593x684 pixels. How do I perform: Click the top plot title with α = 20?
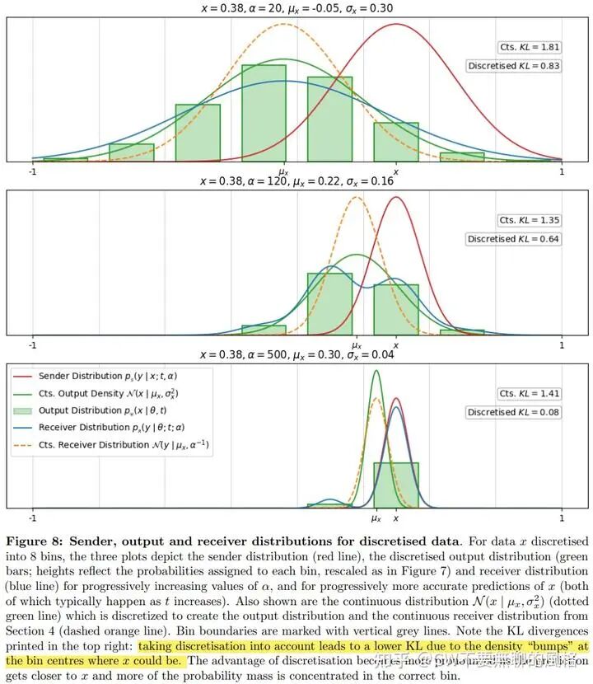pos(296,7)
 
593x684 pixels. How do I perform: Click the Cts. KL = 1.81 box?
pos(530,47)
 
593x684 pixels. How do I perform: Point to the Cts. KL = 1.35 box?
pos(530,221)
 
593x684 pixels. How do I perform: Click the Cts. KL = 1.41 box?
pos(530,394)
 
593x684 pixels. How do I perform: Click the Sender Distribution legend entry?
pos(107,376)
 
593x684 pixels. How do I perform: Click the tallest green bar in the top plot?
pos(264,111)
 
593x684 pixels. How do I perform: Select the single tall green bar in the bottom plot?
pos(396,485)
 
